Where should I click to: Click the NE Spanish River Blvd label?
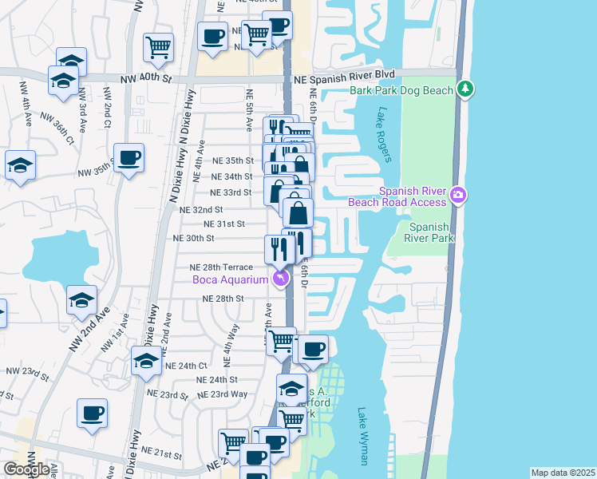click(345, 79)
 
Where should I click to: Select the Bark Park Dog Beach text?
click(401, 90)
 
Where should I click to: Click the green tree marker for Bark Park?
click(465, 89)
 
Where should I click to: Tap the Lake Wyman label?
click(363, 436)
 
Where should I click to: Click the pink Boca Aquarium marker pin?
click(280, 278)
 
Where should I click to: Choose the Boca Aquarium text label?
click(229, 279)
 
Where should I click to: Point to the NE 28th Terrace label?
click(221, 267)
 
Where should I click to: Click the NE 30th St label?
click(194, 238)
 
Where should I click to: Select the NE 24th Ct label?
click(186, 366)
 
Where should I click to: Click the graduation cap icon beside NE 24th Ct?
click(145, 361)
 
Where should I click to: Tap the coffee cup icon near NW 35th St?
click(128, 157)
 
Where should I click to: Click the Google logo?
click(26, 469)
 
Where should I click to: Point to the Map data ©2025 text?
click(562, 473)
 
